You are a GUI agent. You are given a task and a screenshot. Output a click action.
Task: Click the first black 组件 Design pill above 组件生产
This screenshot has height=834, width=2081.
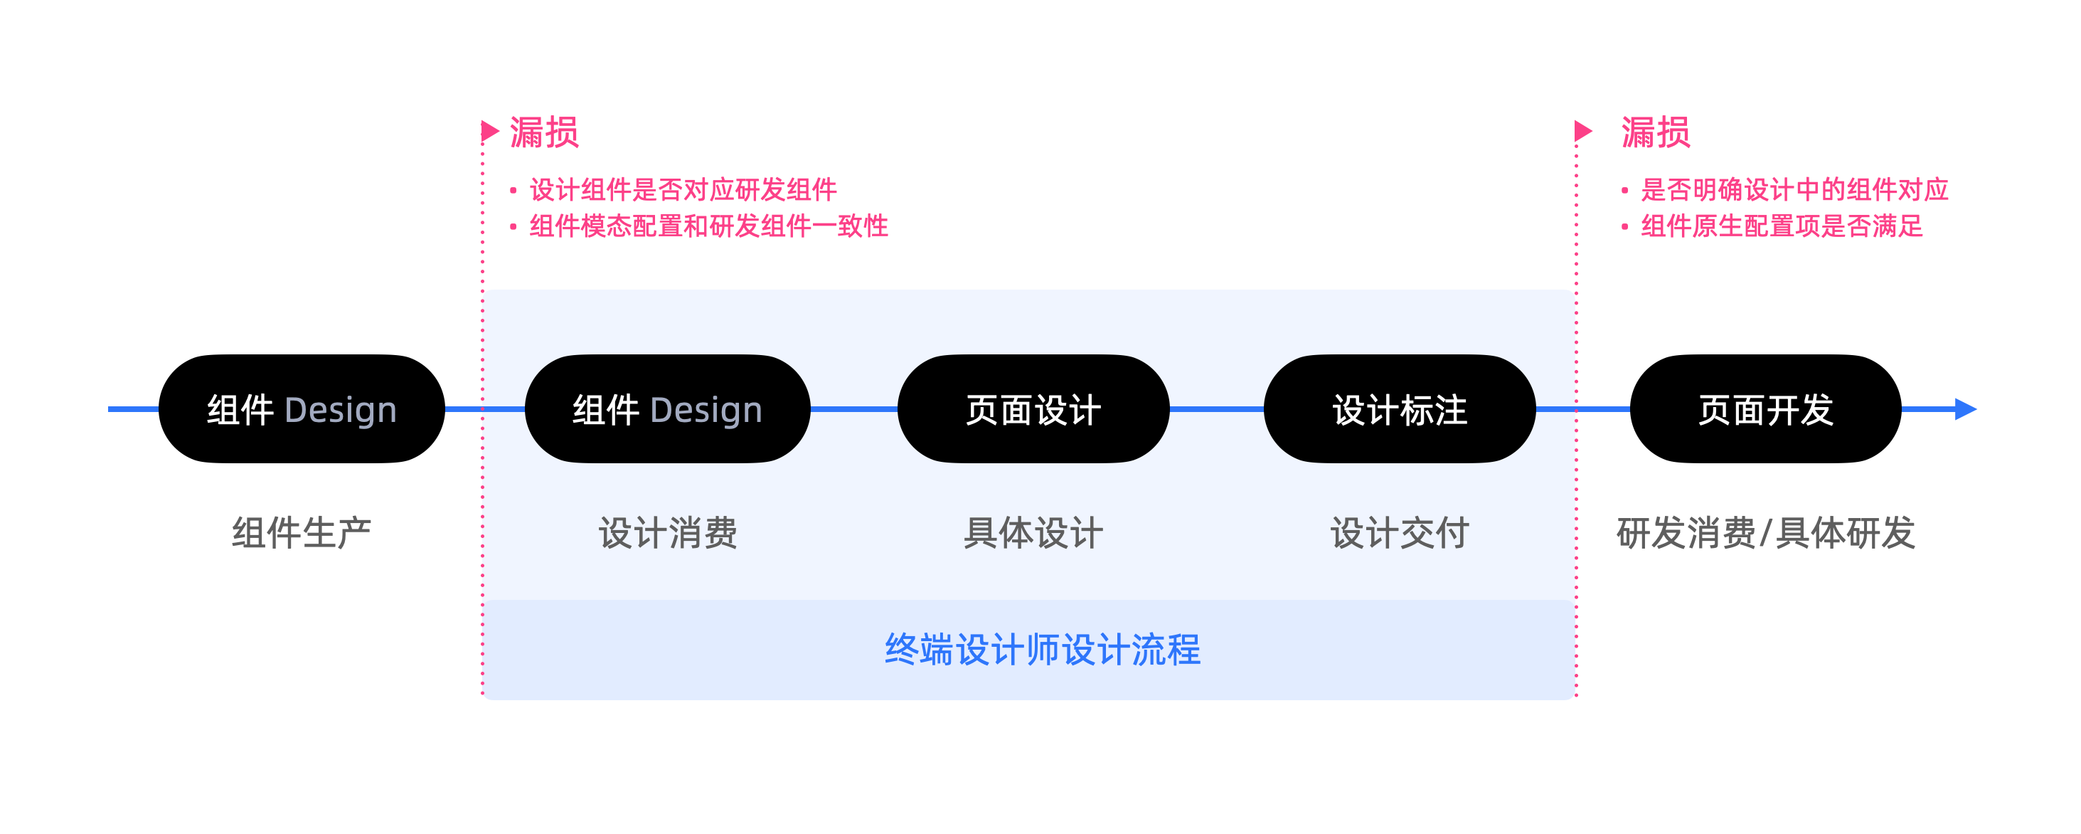[x=302, y=409]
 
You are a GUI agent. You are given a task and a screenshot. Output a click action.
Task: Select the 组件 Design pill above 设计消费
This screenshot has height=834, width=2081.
[x=667, y=409]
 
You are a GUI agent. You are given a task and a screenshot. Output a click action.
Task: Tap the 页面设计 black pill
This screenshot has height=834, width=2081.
[x=1033, y=409]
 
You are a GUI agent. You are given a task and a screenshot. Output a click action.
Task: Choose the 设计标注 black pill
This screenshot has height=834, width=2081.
[x=1399, y=409]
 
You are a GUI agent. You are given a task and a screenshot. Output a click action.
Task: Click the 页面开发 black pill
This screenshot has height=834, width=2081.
[x=1765, y=409]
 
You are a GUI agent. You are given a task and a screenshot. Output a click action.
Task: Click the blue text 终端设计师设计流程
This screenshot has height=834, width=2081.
[x=1042, y=650]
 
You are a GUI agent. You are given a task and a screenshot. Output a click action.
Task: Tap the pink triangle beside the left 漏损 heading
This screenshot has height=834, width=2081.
[x=489, y=131]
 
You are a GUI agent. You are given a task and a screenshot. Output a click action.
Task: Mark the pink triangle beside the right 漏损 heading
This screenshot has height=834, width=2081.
[x=1582, y=131]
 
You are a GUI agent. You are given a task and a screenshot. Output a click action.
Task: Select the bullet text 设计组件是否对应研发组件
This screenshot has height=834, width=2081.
[x=683, y=190]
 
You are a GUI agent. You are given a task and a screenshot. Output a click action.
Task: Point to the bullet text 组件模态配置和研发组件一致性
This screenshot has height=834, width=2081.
[x=708, y=226]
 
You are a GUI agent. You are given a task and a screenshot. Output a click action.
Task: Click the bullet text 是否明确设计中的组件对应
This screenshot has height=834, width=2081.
[x=1794, y=190]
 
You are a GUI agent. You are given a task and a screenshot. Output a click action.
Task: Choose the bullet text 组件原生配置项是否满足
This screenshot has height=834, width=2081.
[x=1782, y=226]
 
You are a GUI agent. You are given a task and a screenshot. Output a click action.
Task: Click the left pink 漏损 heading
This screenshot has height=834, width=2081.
[x=543, y=132]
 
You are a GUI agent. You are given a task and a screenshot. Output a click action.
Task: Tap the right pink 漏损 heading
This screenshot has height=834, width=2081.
[x=1655, y=132]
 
